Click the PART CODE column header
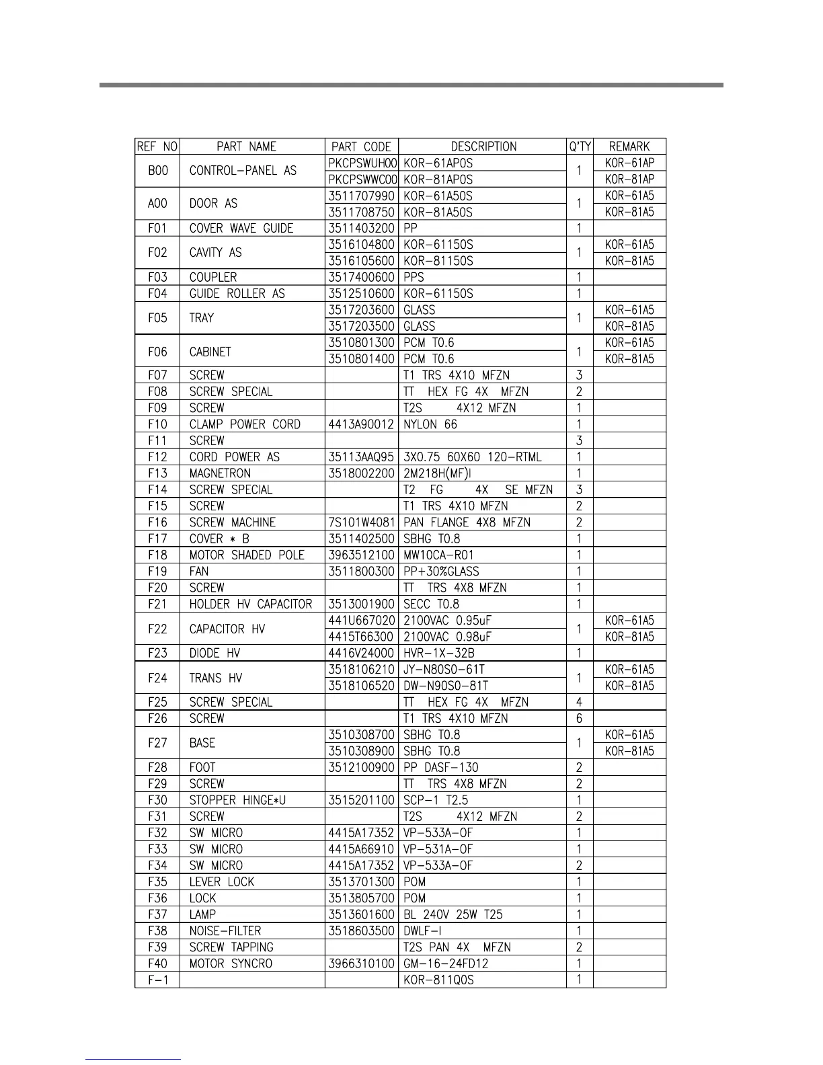(x=361, y=147)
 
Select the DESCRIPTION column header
(x=483, y=147)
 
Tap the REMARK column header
(x=629, y=147)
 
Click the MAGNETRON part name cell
(x=220, y=473)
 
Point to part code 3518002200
(x=361, y=473)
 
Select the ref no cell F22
(x=157, y=629)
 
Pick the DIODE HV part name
(x=214, y=653)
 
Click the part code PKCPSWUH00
(x=362, y=163)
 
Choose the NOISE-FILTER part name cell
(x=225, y=931)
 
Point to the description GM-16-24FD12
(x=445, y=963)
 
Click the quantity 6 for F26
(x=579, y=719)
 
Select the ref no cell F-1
(x=157, y=980)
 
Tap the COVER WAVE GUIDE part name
(x=241, y=229)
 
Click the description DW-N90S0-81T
(x=445, y=686)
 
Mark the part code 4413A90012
(x=361, y=424)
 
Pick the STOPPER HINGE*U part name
(x=237, y=800)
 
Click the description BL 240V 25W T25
(x=453, y=914)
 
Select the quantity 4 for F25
(x=579, y=702)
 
